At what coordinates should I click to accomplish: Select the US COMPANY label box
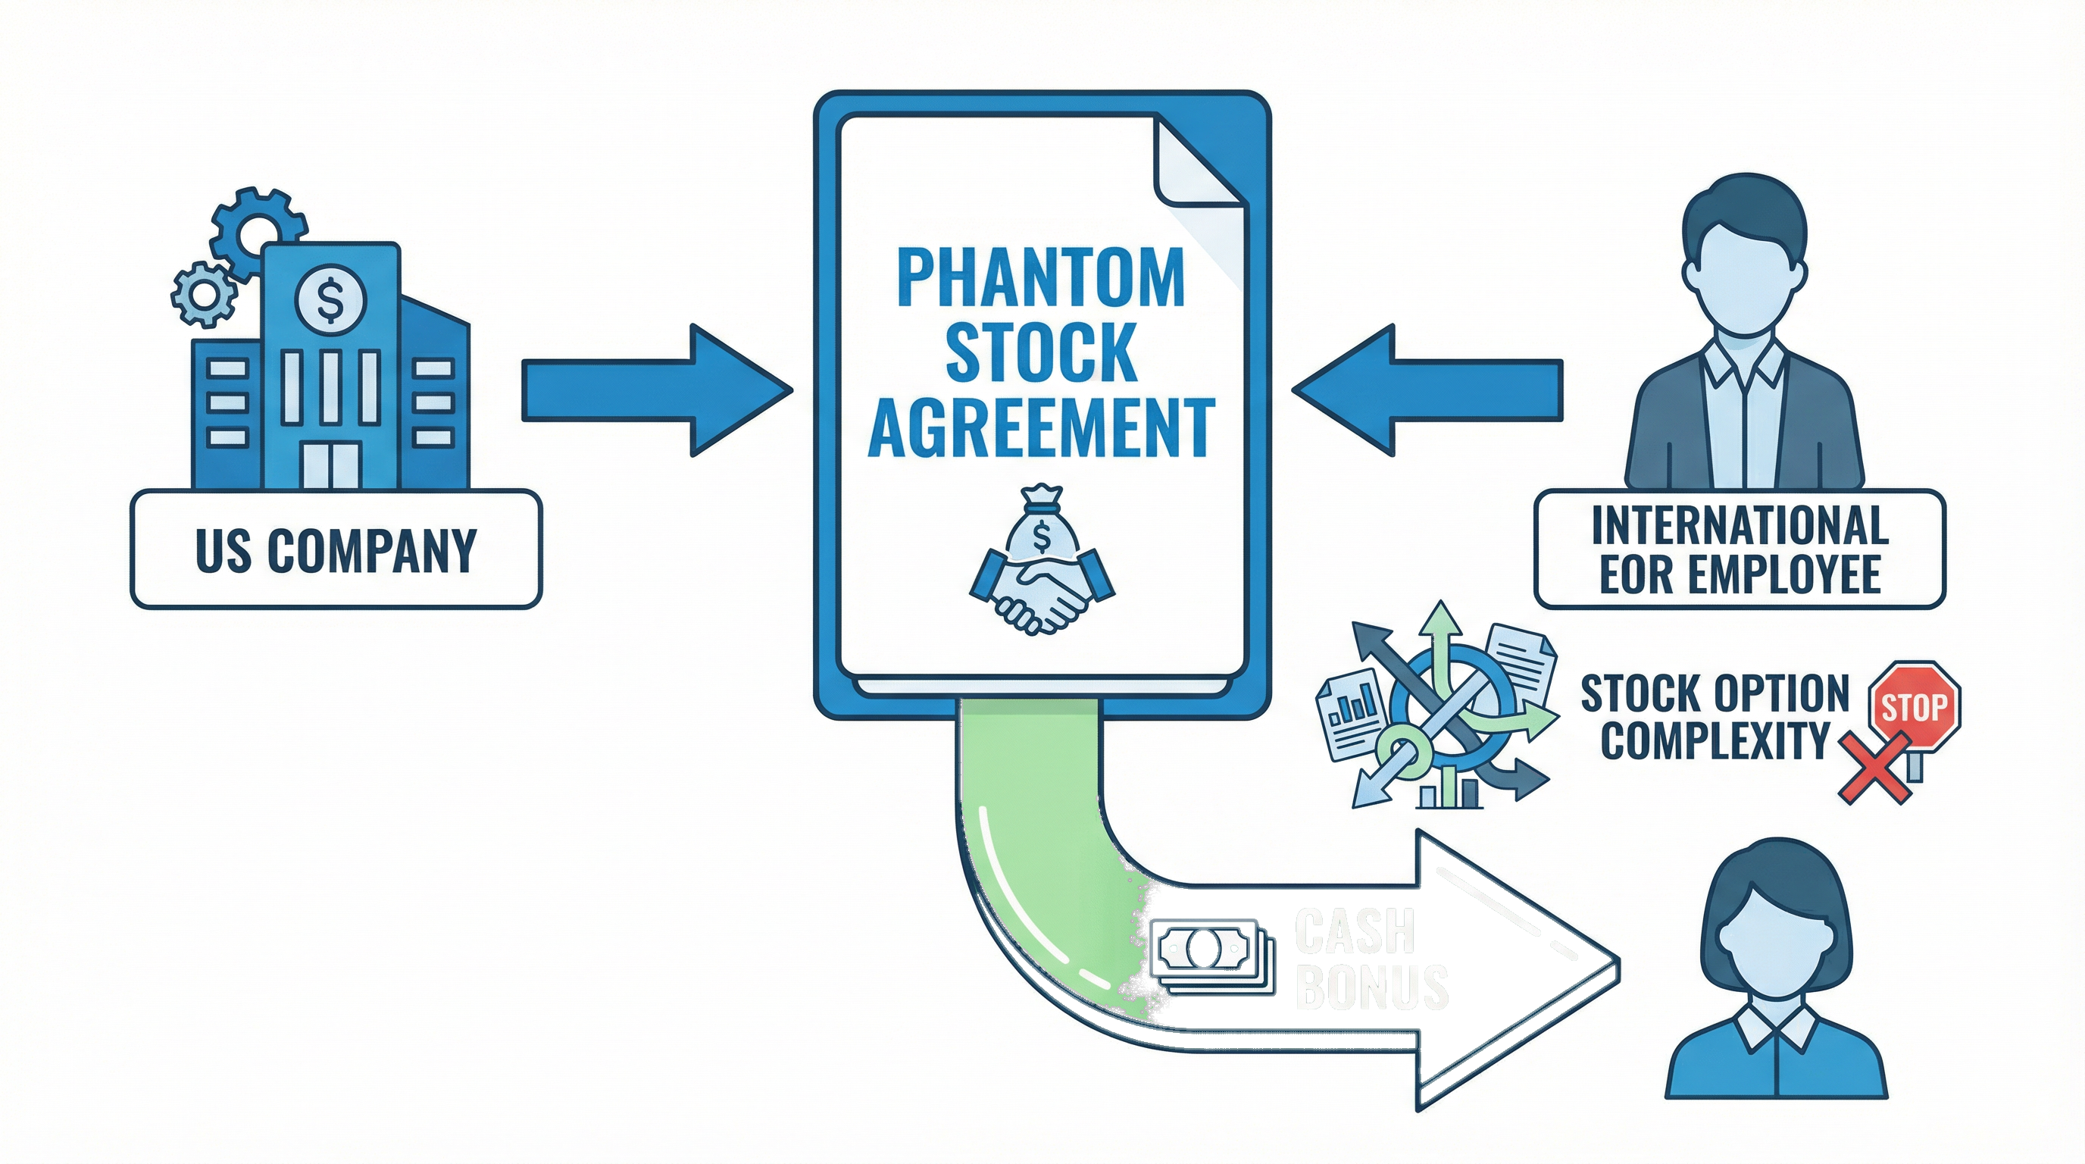(336, 549)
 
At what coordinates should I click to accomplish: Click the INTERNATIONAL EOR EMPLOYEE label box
(1740, 549)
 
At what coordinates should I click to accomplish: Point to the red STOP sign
(1914, 706)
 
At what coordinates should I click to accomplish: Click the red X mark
(1876, 768)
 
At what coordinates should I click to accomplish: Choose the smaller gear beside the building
(202, 294)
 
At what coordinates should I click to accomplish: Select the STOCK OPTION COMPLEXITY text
(1715, 716)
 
